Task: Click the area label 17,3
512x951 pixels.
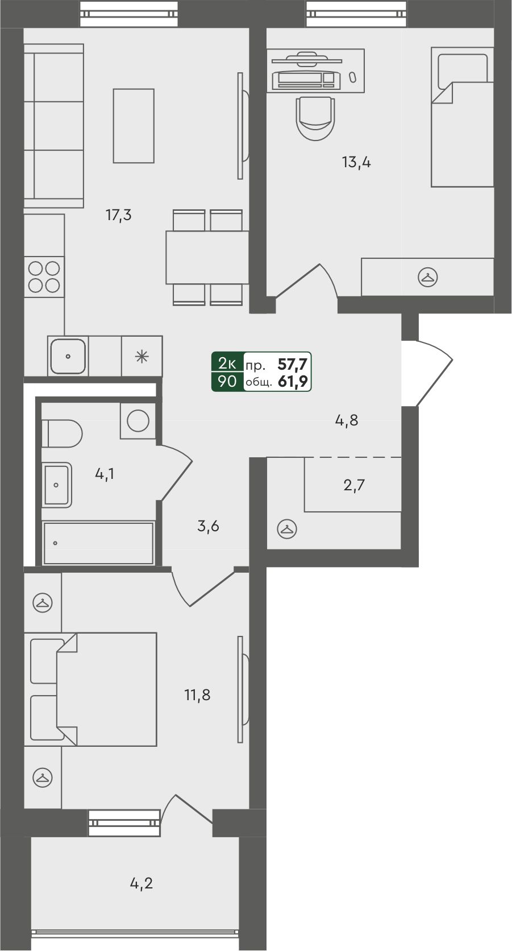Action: pyautogui.click(x=119, y=215)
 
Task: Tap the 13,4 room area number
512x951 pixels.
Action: pyautogui.click(x=356, y=162)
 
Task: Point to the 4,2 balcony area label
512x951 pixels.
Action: pyautogui.click(x=141, y=883)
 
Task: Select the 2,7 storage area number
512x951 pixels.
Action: pyautogui.click(x=354, y=485)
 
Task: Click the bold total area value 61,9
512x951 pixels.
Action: pyautogui.click(x=293, y=381)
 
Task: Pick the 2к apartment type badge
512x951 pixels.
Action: pyautogui.click(x=227, y=364)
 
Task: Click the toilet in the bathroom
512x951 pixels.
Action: pyautogui.click(x=62, y=433)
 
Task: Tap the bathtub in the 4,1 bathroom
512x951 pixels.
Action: pyautogui.click(x=98, y=543)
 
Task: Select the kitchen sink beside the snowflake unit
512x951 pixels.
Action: pyautogui.click(x=68, y=356)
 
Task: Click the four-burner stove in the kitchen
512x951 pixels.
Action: pyautogui.click(x=44, y=277)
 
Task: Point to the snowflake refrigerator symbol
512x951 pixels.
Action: pyautogui.click(x=142, y=356)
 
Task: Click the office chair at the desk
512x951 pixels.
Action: pyautogui.click(x=315, y=118)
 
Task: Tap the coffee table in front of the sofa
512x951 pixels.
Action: pyautogui.click(x=134, y=126)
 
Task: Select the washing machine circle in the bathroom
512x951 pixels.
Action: pyautogui.click(x=138, y=421)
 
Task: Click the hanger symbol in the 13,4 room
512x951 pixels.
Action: pyautogui.click(x=427, y=277)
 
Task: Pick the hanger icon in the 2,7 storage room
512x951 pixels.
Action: pyautogui.click(x=287, y=530)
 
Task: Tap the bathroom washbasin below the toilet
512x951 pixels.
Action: pyautogui.click(x=57, y=485)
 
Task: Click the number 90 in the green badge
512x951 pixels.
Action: pyautogui.click(x=227, y=381)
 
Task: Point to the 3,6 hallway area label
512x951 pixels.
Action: pyautogui.click(x=209, y=527)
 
